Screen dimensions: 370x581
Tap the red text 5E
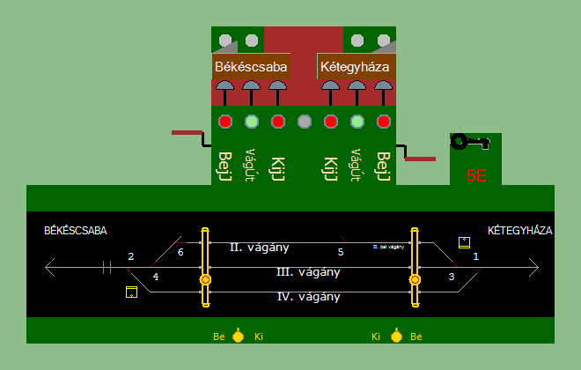coord(476,174)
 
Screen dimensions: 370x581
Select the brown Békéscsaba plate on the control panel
coord(251,66)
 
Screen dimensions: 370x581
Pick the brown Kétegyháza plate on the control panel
coord(354,66)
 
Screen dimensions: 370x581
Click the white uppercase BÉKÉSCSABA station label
coord(76,231)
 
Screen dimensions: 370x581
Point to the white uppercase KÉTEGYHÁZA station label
coord(519,231)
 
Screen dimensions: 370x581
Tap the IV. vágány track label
coord(309,296)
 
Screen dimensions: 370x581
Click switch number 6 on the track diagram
coord(180,253)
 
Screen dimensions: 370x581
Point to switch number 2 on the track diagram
coord(131,256)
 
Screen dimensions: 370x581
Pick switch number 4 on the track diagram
coord(156,277)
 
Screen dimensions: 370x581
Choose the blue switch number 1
coord(476,256)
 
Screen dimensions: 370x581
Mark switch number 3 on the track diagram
coord(452,277)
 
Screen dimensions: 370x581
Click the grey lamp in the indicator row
coord(305,122)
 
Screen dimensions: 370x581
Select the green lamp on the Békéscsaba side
coord(252,122)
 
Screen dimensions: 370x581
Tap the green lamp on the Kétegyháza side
coord(357,122)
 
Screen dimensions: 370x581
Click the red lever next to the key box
coord(420,159)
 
